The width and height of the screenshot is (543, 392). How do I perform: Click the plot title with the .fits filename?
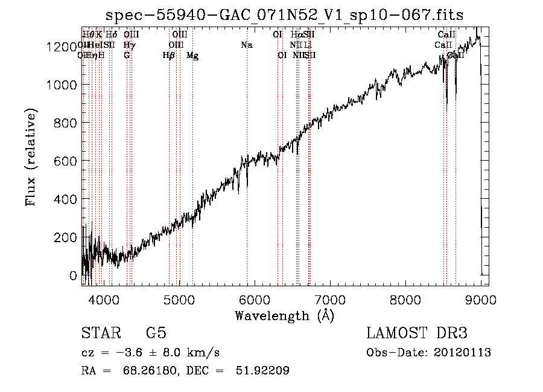click(x=284, y=16)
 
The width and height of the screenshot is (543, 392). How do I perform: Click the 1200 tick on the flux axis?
click(x=62, y=47)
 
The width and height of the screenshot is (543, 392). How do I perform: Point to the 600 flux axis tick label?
click(x=66, y=161)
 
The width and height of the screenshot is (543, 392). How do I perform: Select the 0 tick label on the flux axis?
click(x=74, y=276)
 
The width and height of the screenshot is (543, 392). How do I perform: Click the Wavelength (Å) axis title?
click(x=284, y=315)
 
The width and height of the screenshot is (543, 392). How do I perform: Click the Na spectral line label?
click(x=246, y=45)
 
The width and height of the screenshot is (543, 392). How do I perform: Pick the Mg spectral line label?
click(x=192, y=56)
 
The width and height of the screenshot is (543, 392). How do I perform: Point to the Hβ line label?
click(x=169, y=56)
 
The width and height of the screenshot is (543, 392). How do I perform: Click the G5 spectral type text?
click(x=156, y=333)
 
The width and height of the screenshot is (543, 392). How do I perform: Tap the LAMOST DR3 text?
click(x=417, y=333)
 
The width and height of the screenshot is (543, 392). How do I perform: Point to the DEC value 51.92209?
click(x=262, y=371)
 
